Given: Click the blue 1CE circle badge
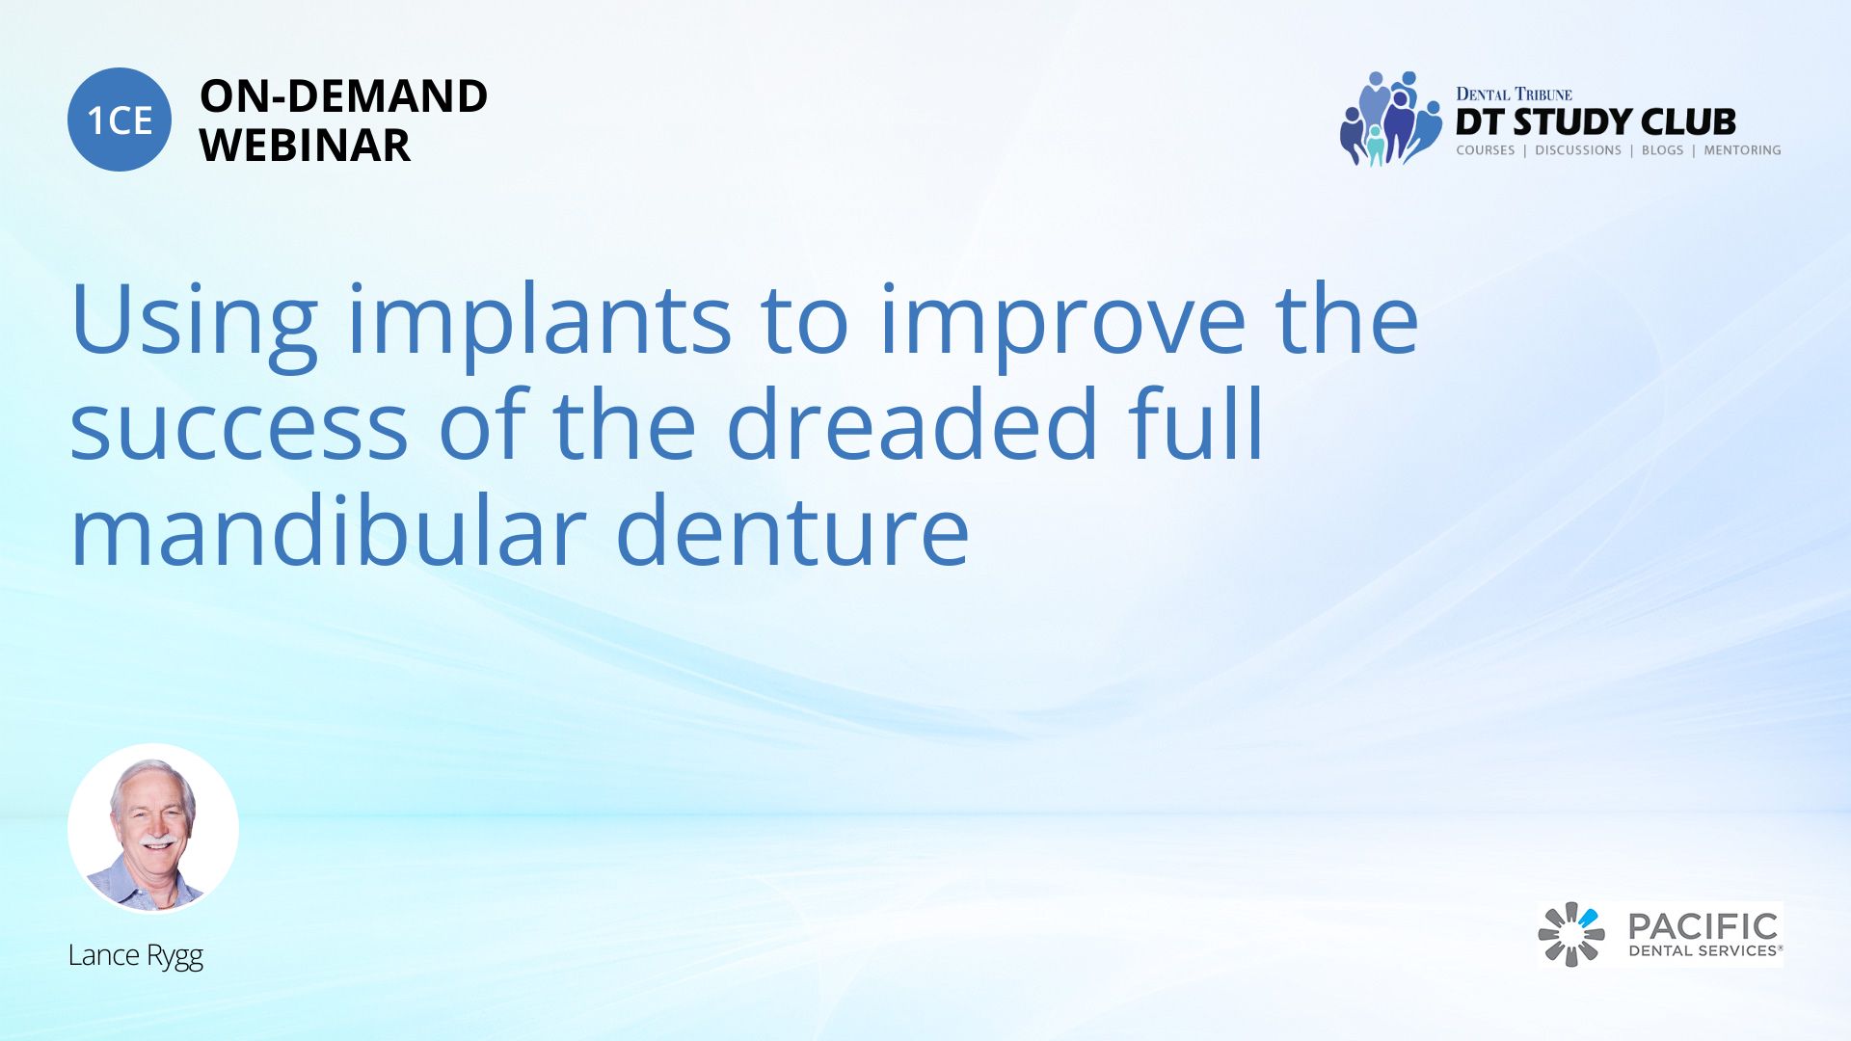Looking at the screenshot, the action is pos(120,120).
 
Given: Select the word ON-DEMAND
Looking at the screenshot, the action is pos(343,96).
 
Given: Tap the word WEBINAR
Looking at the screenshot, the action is pos(305,146).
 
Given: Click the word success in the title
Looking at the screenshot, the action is pos(239,425).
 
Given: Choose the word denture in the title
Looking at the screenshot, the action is pos(792,530).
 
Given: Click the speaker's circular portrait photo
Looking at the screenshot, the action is pos(153,828).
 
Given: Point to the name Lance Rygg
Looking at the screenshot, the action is pos(136,956).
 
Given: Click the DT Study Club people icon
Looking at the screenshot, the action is pos(1390,119).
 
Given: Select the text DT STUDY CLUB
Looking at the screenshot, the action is pos(1596,122).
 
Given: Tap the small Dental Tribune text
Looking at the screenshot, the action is pos(1514,93).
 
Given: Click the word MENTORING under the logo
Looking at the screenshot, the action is pos(1742,150).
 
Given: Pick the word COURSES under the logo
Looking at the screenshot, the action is pos(1485,150).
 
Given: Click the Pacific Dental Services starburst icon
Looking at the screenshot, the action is pos(1571,934).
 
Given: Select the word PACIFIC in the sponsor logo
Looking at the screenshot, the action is pos(1703,927).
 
